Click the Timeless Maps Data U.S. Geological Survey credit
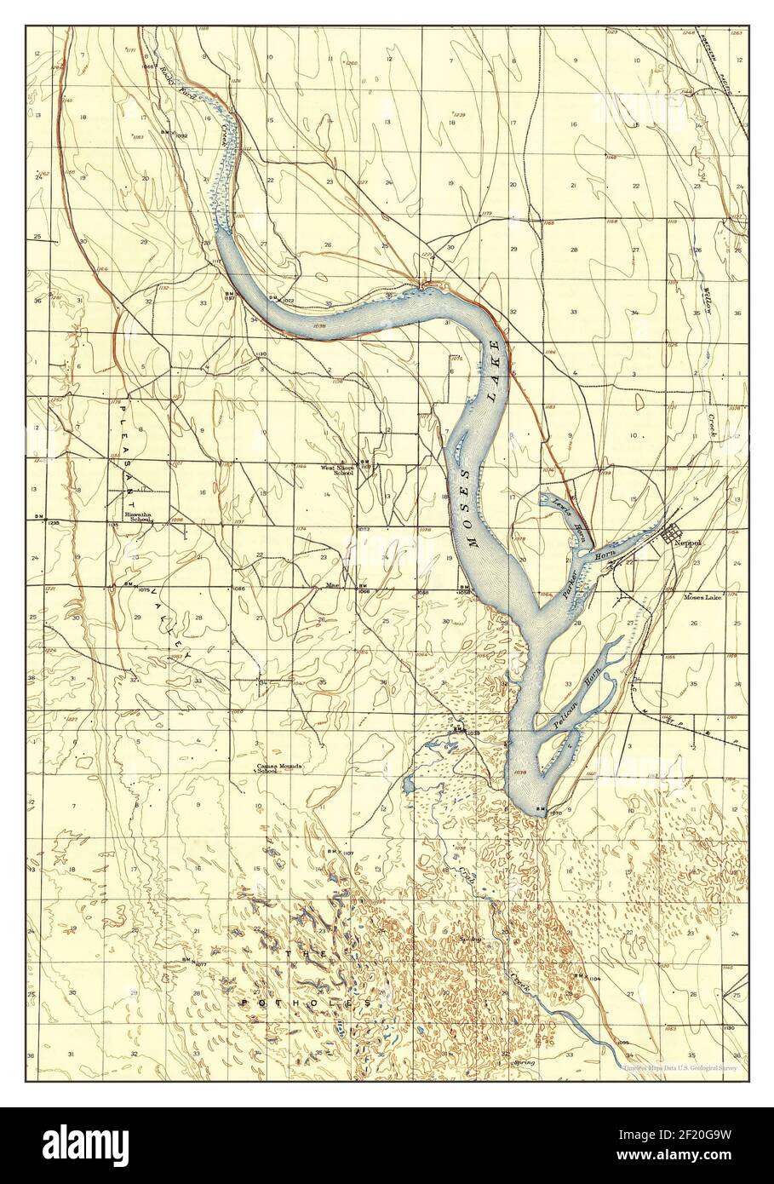[x=681, y=1066]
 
